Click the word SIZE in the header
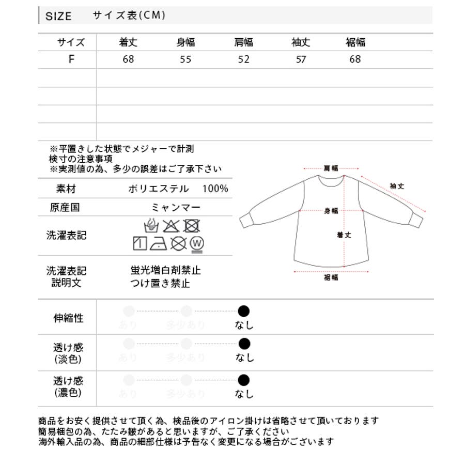coord(58,16)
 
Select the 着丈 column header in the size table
coord(128,42)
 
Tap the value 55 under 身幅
coord(185,59)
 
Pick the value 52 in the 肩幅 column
coord(244,59)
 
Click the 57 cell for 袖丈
coord(301,59)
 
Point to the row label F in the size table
coord(71,59)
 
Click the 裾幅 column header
coord(355,42)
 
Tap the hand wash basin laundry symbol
coord(151,226)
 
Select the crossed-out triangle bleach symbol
coord(171,226)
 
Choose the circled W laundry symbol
coord(196,243)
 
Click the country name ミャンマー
coord(176,207)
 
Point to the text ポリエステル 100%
coord(178,189)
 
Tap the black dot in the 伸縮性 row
coord(244,311)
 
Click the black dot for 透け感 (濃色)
coord(244,381)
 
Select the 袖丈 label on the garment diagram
coord(397,186)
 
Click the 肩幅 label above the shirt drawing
coord(331,168)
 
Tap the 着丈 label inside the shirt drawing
coord(344,235)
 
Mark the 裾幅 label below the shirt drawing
coord(331,277)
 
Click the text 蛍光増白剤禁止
coord(165,270)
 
